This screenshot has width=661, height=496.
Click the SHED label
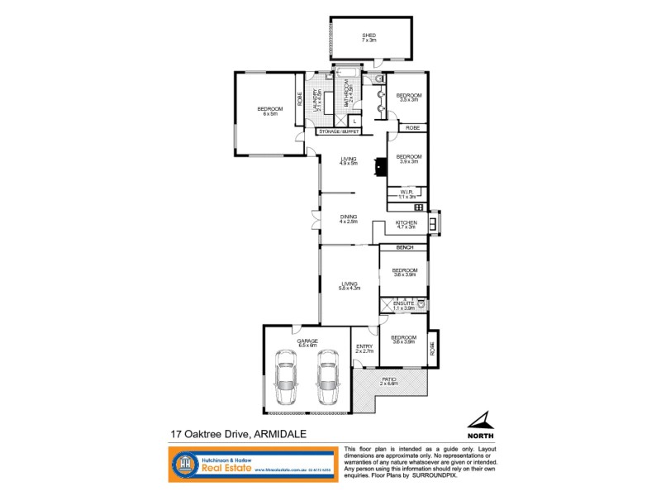pos(369,36)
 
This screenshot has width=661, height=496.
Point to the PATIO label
pos(389,381)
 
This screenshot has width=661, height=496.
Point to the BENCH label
pos(405,248)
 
